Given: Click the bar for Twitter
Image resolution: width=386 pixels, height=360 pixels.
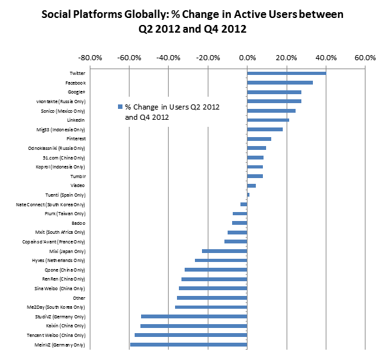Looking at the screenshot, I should click(286, 74).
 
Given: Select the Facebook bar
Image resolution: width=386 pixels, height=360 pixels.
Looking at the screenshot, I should click(280, 83).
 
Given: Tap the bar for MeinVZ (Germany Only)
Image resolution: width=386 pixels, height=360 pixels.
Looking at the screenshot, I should click(189, 345).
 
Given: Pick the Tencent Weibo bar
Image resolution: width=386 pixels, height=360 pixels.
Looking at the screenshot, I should click(190, 335).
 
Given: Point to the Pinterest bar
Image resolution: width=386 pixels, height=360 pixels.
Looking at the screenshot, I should click(259, 139).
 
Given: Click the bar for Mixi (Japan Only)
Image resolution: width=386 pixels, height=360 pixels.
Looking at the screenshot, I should click(224, 251).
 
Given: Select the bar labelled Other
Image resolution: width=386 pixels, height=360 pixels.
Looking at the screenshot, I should click(212, 298).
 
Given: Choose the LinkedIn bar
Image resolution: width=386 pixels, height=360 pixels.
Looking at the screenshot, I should click(268, 120).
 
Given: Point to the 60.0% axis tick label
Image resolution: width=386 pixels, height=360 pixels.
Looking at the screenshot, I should click(365, 58).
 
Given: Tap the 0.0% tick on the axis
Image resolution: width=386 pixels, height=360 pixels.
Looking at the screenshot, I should click(247, 58).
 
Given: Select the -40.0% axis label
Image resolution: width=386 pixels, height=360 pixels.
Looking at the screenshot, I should click(168, 58).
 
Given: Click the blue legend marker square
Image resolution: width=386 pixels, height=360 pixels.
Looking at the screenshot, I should click(119, 106).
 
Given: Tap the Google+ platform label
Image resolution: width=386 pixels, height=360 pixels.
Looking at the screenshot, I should click(75, 92).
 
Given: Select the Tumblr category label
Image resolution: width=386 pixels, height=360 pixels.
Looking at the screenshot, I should click(78, 176).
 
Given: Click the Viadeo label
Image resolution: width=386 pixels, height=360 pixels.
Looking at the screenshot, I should click(77, 186).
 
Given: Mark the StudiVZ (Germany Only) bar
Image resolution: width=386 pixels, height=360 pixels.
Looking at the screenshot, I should click(194, 316).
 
